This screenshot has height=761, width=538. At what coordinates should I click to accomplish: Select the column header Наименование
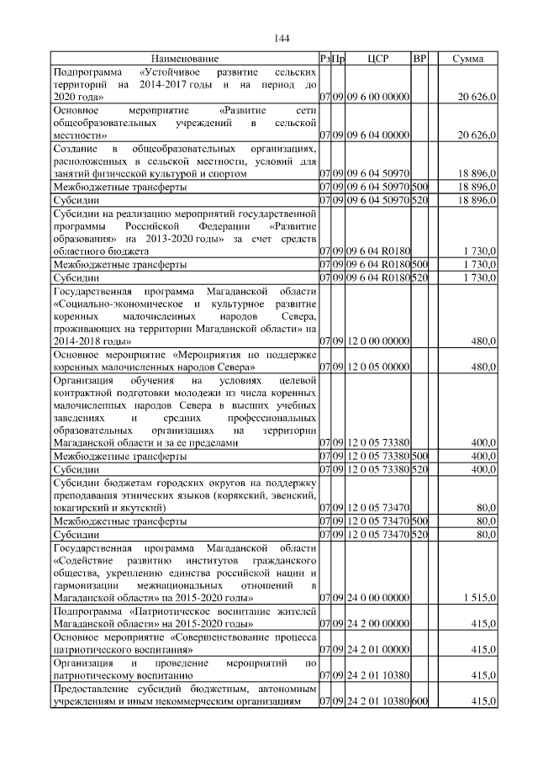pos(185,59)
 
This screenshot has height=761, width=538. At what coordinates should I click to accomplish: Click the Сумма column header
pos(467,59)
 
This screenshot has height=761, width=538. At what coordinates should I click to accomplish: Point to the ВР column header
pos(420,59)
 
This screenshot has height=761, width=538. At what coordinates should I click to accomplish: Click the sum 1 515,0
pos(479,598)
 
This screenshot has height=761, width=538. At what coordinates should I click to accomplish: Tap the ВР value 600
pos(420,702)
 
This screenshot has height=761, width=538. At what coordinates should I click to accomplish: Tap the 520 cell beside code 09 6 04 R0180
pos(420,277)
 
